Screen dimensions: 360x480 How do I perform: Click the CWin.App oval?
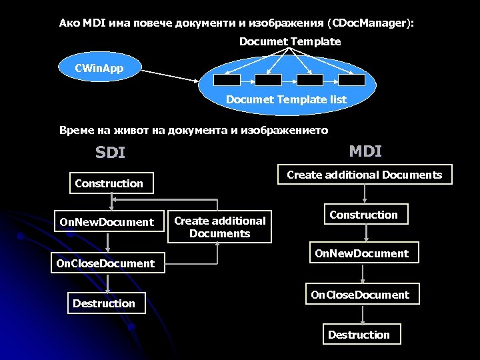click(99, 68)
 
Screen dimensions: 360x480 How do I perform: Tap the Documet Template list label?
click(286, 99)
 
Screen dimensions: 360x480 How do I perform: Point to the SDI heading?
click(110, 153)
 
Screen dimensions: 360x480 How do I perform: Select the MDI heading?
click(365, 151)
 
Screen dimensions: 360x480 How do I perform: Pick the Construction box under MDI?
click(363, 215)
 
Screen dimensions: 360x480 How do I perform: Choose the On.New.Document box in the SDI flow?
click(107, 222)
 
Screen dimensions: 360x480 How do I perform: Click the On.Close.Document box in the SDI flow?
click(105, 263)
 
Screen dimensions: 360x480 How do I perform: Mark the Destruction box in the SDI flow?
click(104, 303)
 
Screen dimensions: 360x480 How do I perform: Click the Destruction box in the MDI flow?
click(359, 335)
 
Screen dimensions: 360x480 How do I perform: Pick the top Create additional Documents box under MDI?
click(364, 175)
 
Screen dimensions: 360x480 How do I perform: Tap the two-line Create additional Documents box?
click(219, 227)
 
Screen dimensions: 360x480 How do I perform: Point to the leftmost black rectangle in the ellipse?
click(225, 80)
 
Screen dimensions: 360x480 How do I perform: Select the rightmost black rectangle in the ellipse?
click(351, 80)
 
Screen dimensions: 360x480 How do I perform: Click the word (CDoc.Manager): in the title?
click(371, 23)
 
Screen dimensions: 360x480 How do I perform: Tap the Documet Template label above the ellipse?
click(290, 41)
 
